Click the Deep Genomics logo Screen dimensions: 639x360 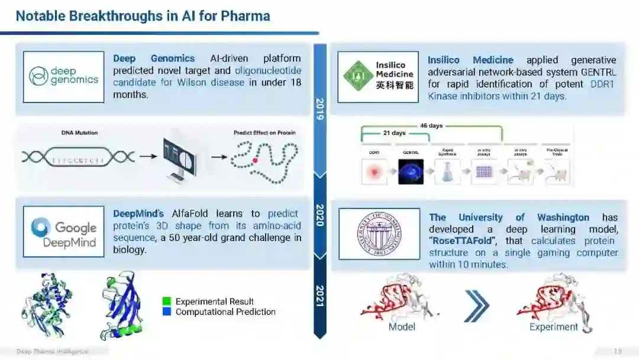[64, 77]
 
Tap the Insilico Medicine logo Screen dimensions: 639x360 [379, 76]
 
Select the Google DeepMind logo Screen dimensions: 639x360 [64, 232]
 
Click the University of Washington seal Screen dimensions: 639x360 [379, 234]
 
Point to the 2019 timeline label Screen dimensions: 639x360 [319, 110]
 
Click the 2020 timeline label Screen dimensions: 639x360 [319, 216]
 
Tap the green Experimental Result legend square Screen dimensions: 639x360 [167, 302]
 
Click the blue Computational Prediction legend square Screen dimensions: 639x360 [167, 311]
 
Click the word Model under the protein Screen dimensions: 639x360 [402, 327]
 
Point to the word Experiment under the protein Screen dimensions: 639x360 [553, 327]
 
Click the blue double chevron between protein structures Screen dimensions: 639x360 [477, 306]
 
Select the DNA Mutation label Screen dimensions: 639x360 [79, 133]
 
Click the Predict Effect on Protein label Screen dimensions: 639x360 [264, 133]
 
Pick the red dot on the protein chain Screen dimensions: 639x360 [255, 160]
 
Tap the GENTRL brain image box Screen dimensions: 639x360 [411, 172]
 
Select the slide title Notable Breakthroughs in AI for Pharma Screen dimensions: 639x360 [143, 16]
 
